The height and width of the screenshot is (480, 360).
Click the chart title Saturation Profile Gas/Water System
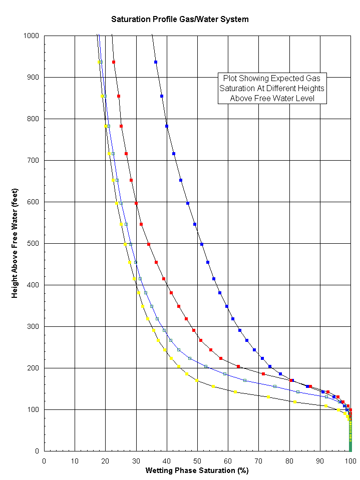point(180,20)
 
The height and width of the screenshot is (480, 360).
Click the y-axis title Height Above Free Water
point(15,243)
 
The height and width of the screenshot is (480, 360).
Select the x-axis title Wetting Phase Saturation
point(197,470)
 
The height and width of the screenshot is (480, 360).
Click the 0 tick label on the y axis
point(37,451)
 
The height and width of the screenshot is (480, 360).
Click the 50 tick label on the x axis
point(197,460)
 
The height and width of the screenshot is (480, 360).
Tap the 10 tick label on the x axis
point(75,460)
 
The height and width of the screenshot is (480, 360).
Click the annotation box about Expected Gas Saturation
point(272,89)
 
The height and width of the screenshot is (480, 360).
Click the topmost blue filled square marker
point(156,62)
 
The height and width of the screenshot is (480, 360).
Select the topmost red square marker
point(114,62)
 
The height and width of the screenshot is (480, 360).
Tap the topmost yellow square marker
point(100,62)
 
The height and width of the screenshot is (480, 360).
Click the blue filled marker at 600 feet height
point(188,203)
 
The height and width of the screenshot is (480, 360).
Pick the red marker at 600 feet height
point(136,203)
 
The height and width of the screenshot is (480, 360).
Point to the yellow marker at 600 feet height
point(117,204)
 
